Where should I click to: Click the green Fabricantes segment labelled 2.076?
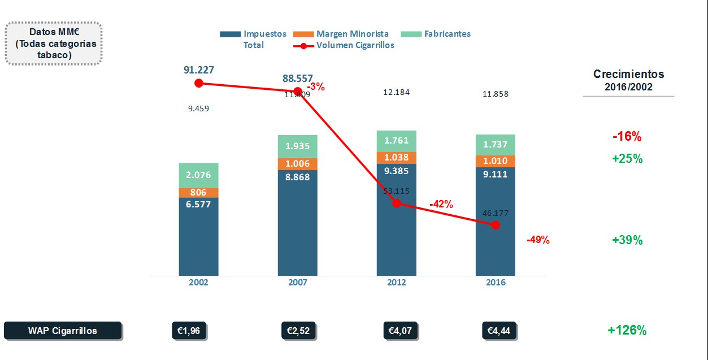click(x=198, y=175)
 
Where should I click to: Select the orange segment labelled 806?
click(x=198, y=193)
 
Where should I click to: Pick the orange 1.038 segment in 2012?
click(x=397, y=158)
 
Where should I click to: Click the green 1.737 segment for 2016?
click(x=496, y=145)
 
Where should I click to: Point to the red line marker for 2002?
click(x=198, y=83)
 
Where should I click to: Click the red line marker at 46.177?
click(x=496, y=225)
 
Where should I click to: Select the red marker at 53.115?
click(x=397, y=203)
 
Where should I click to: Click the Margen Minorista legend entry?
click(x=344, y=34)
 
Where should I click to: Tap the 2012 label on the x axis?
click(x=397, y=283)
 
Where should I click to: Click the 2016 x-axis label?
click(x=496, y=283)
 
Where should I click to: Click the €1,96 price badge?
click(x=189, y=331)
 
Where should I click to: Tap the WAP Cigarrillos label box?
click(x=63, y=331)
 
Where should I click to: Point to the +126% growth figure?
click(x=627, y=331)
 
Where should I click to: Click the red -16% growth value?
click(x=627, y=137)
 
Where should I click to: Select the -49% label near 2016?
click(x=538, y=240)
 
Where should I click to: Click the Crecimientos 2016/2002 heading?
click(x=628, y=80)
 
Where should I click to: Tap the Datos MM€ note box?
click(x=54, y=44)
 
